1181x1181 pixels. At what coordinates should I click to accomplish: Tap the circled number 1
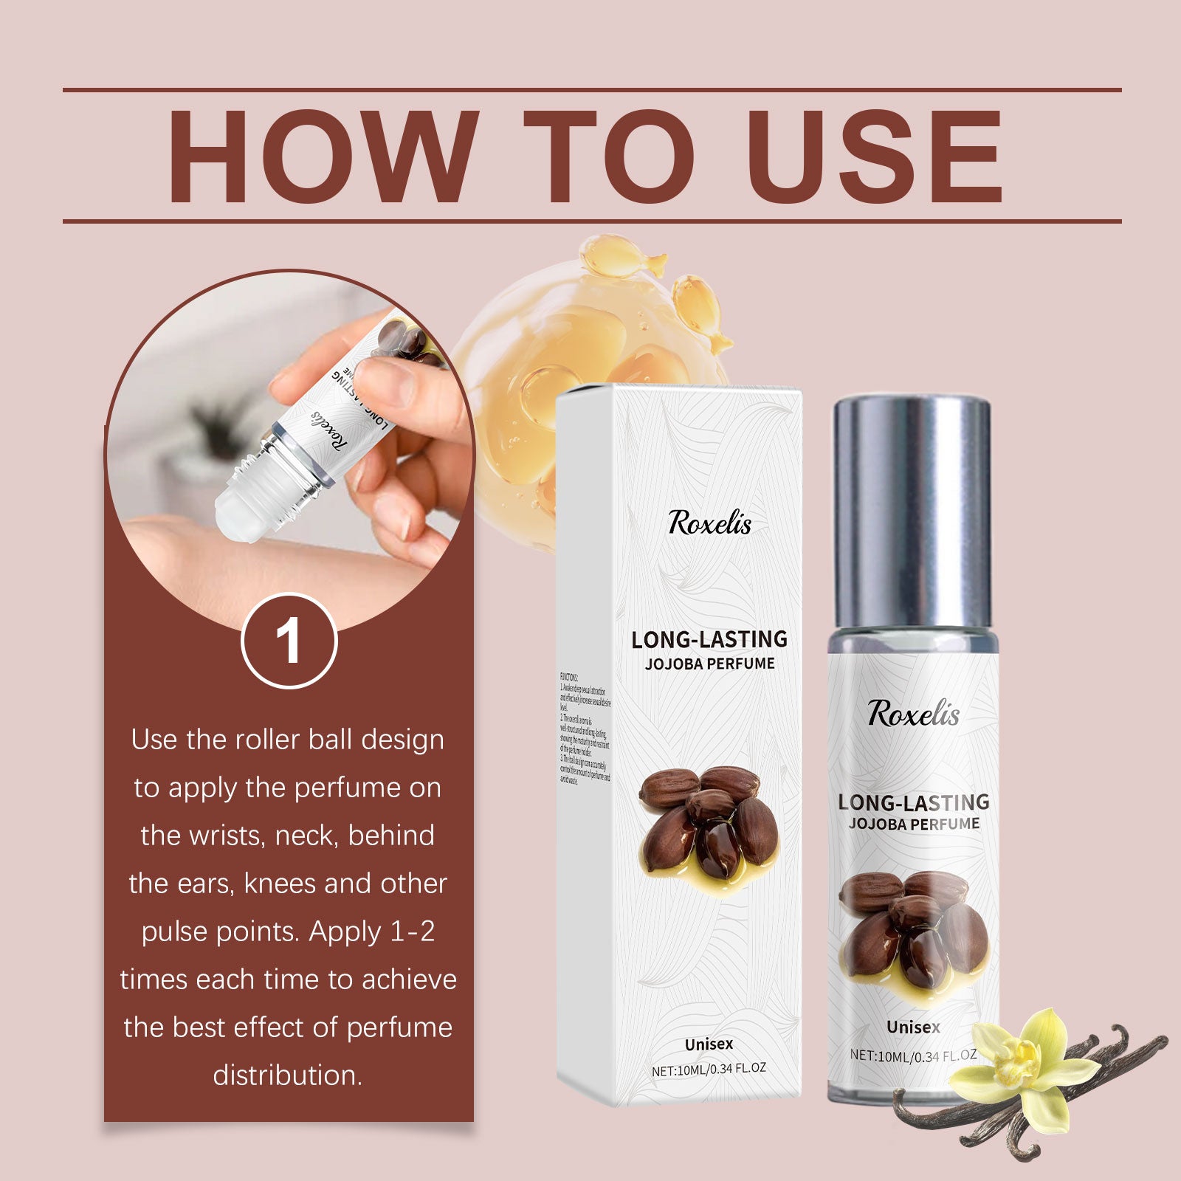point(289,641)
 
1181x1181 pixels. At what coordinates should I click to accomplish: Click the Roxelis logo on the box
point(709,523)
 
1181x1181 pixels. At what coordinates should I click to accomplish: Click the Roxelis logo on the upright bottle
point(913,714)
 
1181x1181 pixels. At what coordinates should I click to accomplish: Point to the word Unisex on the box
point(709,1044)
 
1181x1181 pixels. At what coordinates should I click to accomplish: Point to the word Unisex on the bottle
point(913,1027)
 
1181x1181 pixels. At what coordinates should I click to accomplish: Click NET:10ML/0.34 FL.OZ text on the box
point(709,1068)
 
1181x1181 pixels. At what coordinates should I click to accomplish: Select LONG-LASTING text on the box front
point(709,639)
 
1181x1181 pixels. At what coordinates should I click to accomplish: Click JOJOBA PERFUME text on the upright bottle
point(914,824)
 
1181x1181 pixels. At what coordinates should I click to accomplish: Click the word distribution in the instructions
point(288,1075)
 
